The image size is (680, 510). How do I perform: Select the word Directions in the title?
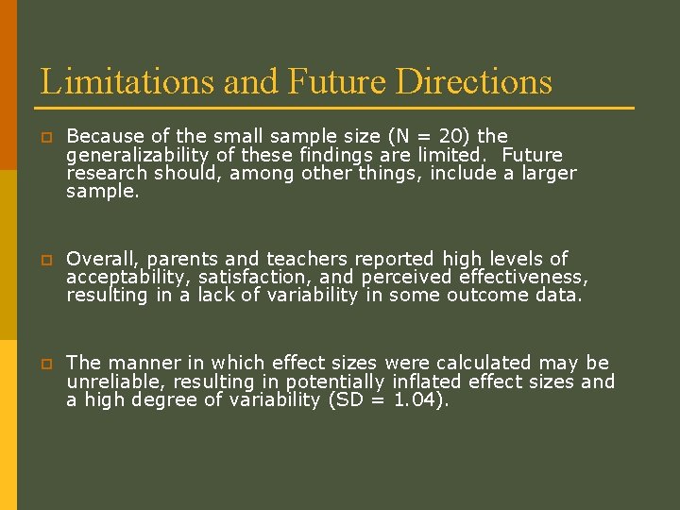474,81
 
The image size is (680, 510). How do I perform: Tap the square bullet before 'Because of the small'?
44,137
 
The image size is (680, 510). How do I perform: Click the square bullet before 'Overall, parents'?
44,260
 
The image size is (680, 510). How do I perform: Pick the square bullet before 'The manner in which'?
44,364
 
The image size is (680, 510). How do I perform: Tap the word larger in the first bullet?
542,173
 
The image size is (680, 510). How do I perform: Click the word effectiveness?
523,277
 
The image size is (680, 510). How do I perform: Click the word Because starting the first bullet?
104,136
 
